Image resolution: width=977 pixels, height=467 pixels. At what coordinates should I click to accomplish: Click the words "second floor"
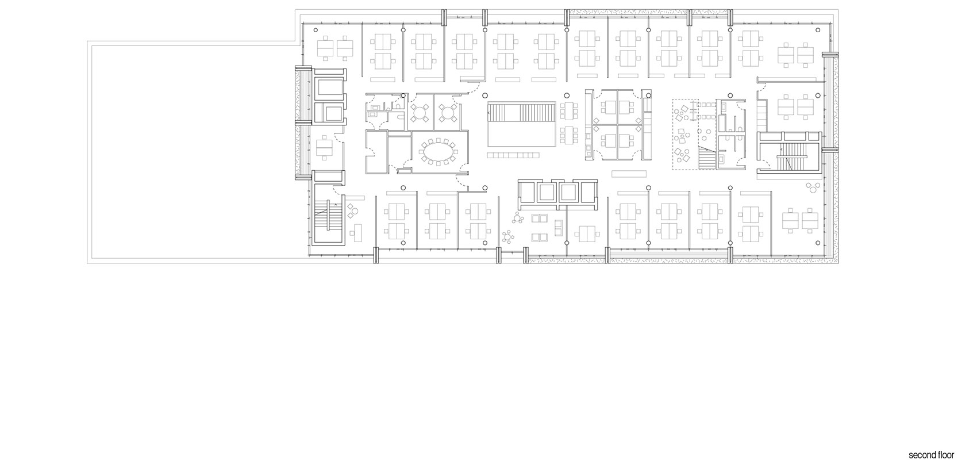click(x=930, y=455)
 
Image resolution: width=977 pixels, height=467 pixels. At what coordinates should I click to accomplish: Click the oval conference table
click(x=438, y=152)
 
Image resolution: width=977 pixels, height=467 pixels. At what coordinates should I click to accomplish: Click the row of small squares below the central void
click(x=514, y=155)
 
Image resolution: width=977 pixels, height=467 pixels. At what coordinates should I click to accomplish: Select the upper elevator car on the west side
click(x=329, y=89)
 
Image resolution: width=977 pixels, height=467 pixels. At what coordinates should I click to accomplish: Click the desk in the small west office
click(x=325, y=148)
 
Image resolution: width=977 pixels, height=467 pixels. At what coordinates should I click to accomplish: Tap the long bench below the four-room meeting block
click(x=630, y=173)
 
